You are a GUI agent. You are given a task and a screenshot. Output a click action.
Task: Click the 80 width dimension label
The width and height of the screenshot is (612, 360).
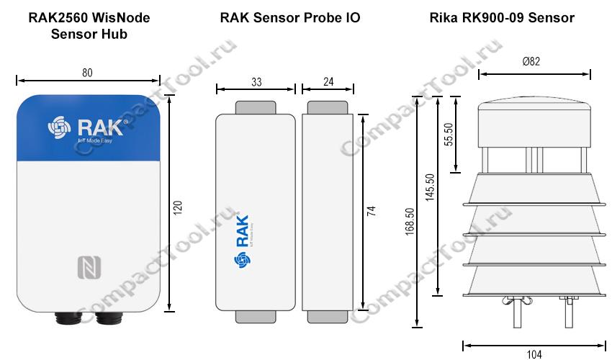[87, 73]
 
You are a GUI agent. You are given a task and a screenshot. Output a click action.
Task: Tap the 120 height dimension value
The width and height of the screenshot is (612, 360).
[178, 208]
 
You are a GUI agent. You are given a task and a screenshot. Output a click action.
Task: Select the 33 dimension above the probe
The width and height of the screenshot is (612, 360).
[256, 82]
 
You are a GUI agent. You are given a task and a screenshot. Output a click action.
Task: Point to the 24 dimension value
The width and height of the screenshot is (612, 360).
[328, 81]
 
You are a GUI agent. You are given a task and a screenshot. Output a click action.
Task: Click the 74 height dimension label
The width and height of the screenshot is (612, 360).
[372, 211]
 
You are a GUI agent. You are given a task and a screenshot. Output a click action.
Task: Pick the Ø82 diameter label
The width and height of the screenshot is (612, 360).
[531, 61]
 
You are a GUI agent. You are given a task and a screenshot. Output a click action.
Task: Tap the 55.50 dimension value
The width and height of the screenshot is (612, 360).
[449, 135]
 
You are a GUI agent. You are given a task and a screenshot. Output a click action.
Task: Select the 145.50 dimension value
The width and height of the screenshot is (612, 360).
[430, 187]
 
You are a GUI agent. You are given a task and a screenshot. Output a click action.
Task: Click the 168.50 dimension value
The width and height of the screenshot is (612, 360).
[410, 221]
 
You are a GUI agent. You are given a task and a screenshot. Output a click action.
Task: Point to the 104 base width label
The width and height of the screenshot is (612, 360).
[534, 354]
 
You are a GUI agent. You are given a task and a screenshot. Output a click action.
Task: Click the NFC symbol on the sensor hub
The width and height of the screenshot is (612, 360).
[89, 267]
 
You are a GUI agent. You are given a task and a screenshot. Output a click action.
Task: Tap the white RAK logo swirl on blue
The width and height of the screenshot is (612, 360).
[59, 127]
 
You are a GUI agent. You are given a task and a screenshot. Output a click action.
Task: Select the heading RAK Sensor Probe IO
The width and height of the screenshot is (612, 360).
[290, 17]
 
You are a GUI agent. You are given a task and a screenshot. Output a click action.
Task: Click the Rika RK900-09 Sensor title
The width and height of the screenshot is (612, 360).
[502, 17]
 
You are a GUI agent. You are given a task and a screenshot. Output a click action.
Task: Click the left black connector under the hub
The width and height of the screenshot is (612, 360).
[68, 318]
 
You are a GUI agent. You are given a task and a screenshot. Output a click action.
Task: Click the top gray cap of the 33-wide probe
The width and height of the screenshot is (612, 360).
[256, 108]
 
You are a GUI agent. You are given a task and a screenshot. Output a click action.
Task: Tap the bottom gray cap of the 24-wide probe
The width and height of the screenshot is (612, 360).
[328, 317]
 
